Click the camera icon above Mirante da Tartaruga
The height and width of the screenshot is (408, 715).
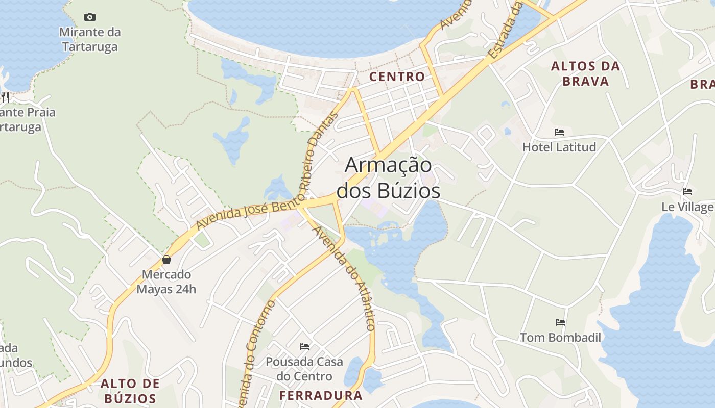(90, 17)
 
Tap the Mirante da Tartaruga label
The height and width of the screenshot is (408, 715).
(90, 40)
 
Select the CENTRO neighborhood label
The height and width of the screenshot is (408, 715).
(397, 77)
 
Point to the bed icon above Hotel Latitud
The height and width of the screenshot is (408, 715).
(559, 132)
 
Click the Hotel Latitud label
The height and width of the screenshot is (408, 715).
(559, 147)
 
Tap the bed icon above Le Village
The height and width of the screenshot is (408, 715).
(687, 192)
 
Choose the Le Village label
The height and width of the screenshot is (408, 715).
(687, 207)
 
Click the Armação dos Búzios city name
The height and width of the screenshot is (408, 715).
(389, 177)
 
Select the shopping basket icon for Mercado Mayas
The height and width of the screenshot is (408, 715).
(166, 260)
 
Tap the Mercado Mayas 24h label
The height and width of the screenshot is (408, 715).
(166, 282)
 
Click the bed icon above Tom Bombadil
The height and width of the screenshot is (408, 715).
(560, 322)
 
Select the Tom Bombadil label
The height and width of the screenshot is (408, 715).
(560, 338)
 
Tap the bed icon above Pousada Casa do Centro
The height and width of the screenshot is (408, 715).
(305, 347)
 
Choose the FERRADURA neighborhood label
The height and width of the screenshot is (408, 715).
(321, 395)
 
